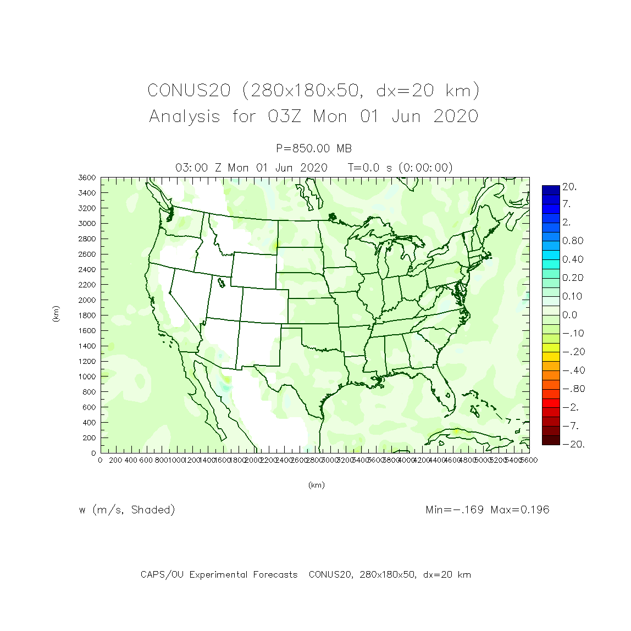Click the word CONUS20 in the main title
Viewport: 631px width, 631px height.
click(x=189, y=91)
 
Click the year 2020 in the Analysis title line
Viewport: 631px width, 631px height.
click(x=456, y=117)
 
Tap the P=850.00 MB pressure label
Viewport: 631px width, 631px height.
click(x=314, y=148)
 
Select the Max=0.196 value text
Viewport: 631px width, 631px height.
click(x=520, y=510)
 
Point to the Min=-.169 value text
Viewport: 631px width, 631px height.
click(x=455, y=510)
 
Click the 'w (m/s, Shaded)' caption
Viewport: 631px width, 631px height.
click(x=127, y=510)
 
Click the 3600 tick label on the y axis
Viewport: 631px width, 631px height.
click(x=87, y=178)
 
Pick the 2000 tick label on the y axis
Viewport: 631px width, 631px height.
click(x=87, y=300)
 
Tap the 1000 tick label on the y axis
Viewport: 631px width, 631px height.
click(x=87, y=377)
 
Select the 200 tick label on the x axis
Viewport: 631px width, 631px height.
click(x=115, y=460)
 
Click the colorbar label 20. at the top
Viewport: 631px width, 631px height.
click(x=569, y=187)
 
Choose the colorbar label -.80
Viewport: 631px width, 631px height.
click(x=573, y=389)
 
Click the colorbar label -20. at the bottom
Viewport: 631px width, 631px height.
click(x=573, y=444)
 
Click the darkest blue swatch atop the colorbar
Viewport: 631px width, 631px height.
click(x=551, y=190)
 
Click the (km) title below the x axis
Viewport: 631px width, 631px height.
click(x=316, y=485)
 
